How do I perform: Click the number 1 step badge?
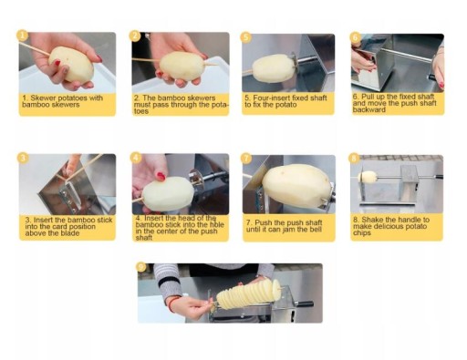tap(22, 36)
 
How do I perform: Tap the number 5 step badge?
tap(245, 37)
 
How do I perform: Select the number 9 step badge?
tap(141, 267)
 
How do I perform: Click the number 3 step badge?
tap(23, 158)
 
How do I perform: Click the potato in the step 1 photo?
tap(71, 64)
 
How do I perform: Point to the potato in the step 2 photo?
tap(182, 66)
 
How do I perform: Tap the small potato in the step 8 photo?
tap(368, 177)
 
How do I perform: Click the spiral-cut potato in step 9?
tap(248, 294)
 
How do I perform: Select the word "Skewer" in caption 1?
tap(43, 98)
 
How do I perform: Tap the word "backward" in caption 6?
tap(369, 110)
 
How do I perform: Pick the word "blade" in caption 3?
tap(70, 233)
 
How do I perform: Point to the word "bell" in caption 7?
tap(316, 230)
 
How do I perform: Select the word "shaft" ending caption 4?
tap(144, 238)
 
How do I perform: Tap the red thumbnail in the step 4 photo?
tap(161, 176)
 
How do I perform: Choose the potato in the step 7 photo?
tap(296, 186)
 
